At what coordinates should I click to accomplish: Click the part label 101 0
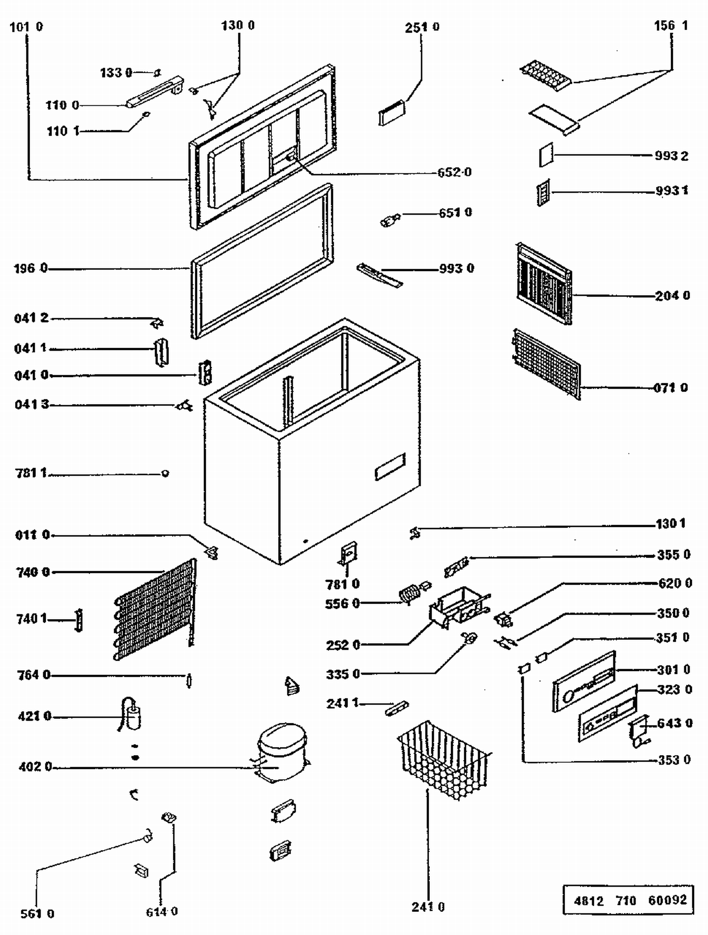coord(26,27)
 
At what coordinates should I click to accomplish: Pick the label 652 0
coord(454,172)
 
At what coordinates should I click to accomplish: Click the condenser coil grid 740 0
coord(156,609)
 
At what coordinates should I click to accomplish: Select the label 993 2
coord(671,156)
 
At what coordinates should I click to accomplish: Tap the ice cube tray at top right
coord(545,75)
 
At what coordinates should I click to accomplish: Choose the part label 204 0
coord(672,296)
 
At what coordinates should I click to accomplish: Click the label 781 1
coord(31,473)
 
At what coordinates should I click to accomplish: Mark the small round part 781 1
coord(165,473)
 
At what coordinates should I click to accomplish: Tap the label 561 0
coord(37,914)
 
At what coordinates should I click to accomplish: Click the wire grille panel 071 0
coord(545,364)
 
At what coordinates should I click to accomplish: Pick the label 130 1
coord(670,523)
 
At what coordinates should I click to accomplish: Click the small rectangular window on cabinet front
coord(390,467)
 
